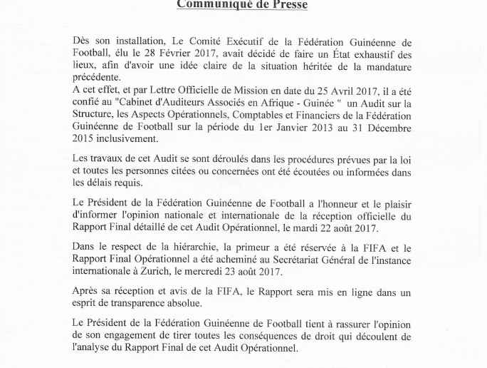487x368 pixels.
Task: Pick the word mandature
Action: pos(384,66)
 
